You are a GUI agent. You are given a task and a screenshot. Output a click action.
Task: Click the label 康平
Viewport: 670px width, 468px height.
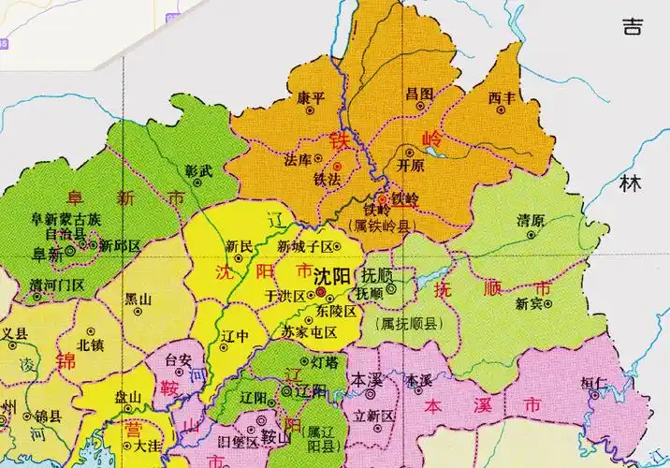point(311,96)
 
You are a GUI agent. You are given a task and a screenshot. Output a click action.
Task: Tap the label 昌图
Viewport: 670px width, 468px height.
point(419,94)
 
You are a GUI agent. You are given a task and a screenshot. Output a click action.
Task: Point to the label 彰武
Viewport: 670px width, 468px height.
point(199,171)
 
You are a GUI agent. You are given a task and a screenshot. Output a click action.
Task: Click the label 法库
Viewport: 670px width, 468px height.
point(298,160)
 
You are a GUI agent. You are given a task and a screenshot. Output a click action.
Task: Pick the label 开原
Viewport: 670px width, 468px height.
point(412,164)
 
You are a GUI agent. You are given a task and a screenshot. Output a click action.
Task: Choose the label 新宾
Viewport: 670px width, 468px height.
point(530,302)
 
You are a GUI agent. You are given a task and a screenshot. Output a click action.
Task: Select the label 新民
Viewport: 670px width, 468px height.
point(240,246)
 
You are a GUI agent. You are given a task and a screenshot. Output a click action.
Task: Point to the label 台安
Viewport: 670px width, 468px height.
point(178,358)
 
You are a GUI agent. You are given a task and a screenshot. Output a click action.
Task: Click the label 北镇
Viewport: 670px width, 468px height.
point(91,344)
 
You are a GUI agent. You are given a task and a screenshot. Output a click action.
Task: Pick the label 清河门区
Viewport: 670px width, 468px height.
point(56,284)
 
